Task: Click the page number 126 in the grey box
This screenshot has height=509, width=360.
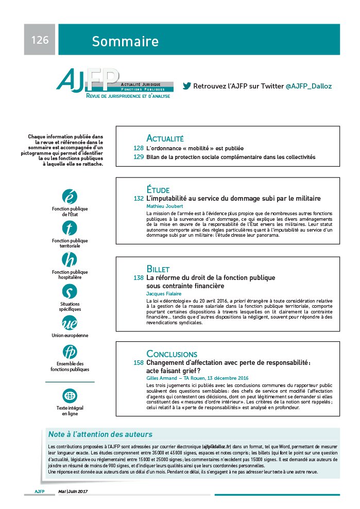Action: click(40, 40)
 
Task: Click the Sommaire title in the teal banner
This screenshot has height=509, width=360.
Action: click(125, 41)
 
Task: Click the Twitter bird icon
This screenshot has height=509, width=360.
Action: click(187, 86)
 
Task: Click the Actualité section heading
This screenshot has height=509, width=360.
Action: click(165, 138)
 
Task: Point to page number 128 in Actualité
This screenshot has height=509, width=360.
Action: click(138, 148)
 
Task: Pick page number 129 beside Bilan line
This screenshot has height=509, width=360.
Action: click(138, 157)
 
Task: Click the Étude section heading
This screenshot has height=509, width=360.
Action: click(158, 189)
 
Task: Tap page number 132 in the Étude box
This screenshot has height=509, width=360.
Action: click(138, 198)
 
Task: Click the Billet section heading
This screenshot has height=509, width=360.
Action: click(158, 269)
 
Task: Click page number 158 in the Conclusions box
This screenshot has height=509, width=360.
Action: click(138, 362)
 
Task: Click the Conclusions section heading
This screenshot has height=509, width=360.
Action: click(172, 354)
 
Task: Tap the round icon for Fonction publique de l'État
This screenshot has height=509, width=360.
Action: click(70, 197)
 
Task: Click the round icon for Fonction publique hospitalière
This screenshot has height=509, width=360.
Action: click(70, 259)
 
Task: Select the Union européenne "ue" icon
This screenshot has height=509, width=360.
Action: click(70, 323)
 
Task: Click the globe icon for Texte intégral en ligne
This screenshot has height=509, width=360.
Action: click(70, 396)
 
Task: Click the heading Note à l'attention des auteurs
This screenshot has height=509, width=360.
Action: click(100, 434)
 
